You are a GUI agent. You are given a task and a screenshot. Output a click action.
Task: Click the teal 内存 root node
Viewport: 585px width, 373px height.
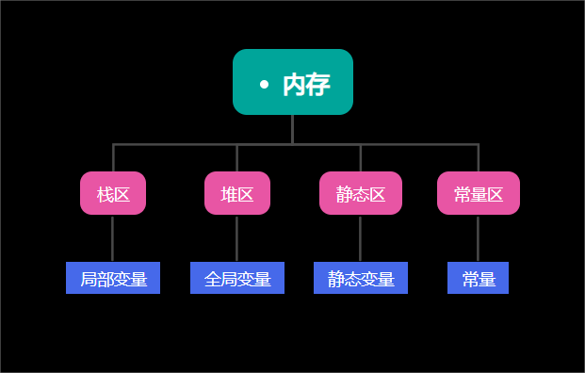(292, 82)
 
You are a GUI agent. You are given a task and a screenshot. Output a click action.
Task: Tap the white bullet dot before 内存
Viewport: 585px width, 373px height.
(264, 85)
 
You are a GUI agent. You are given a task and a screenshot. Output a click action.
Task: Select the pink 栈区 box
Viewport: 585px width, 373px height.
(113, 193)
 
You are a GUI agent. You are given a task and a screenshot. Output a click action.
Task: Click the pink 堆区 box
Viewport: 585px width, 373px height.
(237, 193)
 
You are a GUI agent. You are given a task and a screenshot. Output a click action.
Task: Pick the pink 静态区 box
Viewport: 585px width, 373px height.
(361, 193)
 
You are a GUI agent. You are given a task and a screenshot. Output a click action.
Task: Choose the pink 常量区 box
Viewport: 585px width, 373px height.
(479, 193)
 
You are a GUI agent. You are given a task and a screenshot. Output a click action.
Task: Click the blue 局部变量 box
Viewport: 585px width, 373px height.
(113, 278)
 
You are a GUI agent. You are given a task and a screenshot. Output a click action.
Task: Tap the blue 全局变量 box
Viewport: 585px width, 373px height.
(237, 278)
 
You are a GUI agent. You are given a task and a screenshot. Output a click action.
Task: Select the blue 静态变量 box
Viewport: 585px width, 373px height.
(361, 278)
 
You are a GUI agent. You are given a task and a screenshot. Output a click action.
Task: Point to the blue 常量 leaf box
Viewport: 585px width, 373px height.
(479, 278)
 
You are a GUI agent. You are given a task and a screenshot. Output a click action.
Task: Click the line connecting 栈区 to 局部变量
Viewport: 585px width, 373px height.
(113, 238)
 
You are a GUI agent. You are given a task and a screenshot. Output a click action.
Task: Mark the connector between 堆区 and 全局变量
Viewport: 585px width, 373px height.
(237, 238)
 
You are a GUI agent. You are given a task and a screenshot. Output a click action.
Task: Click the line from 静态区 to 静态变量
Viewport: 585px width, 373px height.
(361, 238)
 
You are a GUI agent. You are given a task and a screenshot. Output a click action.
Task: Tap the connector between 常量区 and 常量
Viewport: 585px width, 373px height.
(479, 238)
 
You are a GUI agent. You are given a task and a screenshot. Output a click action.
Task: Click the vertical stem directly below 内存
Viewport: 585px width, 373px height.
(292, 129)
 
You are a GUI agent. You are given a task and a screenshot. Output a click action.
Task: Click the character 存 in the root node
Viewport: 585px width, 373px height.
(318, 85)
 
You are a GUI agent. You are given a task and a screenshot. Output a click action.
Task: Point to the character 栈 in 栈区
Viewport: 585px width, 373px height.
(105, 195)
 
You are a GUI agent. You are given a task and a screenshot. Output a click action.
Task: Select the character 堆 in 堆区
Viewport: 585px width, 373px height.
(229, 195)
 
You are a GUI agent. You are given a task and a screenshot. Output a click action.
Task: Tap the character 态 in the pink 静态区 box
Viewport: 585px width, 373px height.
(361, 195)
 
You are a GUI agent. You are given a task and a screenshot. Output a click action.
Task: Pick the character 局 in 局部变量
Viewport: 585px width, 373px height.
(89, 279)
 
